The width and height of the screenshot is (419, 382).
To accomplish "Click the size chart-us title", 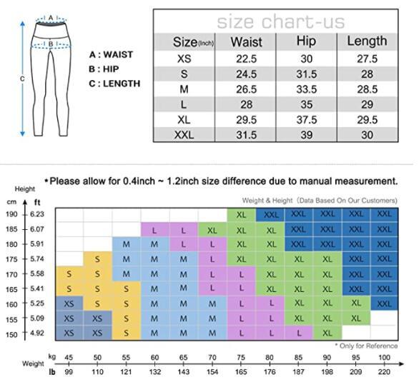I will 280,21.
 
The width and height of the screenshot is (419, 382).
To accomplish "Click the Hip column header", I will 306,41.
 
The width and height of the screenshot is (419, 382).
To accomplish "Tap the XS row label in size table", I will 184,58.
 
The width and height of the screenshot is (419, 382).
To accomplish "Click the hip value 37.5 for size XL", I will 306,120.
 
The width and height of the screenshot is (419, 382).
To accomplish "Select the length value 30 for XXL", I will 368,135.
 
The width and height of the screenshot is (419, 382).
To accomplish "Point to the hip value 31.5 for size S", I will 306,74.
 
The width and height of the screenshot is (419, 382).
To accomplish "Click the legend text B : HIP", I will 106,69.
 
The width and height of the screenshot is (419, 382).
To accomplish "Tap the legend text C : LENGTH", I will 114,84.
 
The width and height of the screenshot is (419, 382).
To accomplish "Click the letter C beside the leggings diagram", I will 21,79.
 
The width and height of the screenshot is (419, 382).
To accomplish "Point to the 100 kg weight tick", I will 385,358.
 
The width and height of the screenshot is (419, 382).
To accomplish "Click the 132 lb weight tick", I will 155,371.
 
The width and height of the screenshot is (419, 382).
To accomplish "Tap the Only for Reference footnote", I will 369,346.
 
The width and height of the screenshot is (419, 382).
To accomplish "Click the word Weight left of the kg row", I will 33,363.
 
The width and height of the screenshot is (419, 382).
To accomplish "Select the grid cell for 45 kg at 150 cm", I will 69,333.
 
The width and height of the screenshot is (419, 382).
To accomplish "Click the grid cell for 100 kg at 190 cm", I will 385,214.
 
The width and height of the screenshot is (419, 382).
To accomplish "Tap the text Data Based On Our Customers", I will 348,201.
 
